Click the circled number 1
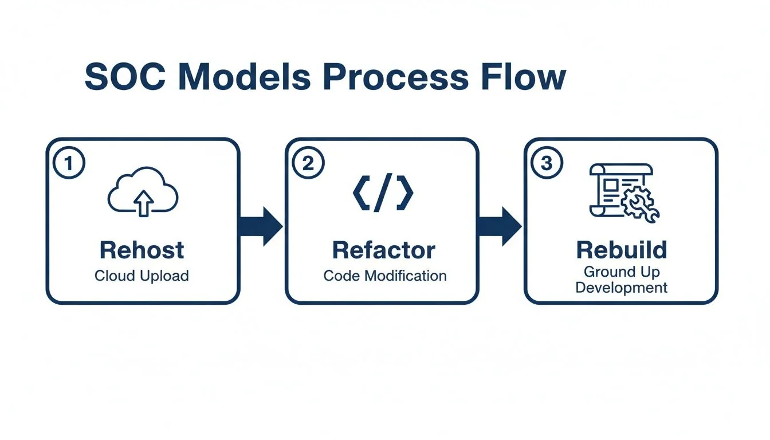tap(69, 163)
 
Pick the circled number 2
tap(308, 163)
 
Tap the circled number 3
tap(547, 163)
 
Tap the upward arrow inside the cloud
tap(143, 201)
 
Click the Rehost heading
tap(142, 250)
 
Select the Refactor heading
tap(383, 250)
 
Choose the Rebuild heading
tap(622, 250)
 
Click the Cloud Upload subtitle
tap(142, 276)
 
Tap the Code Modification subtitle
tap(384, 276)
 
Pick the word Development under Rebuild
tap(622, 288)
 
